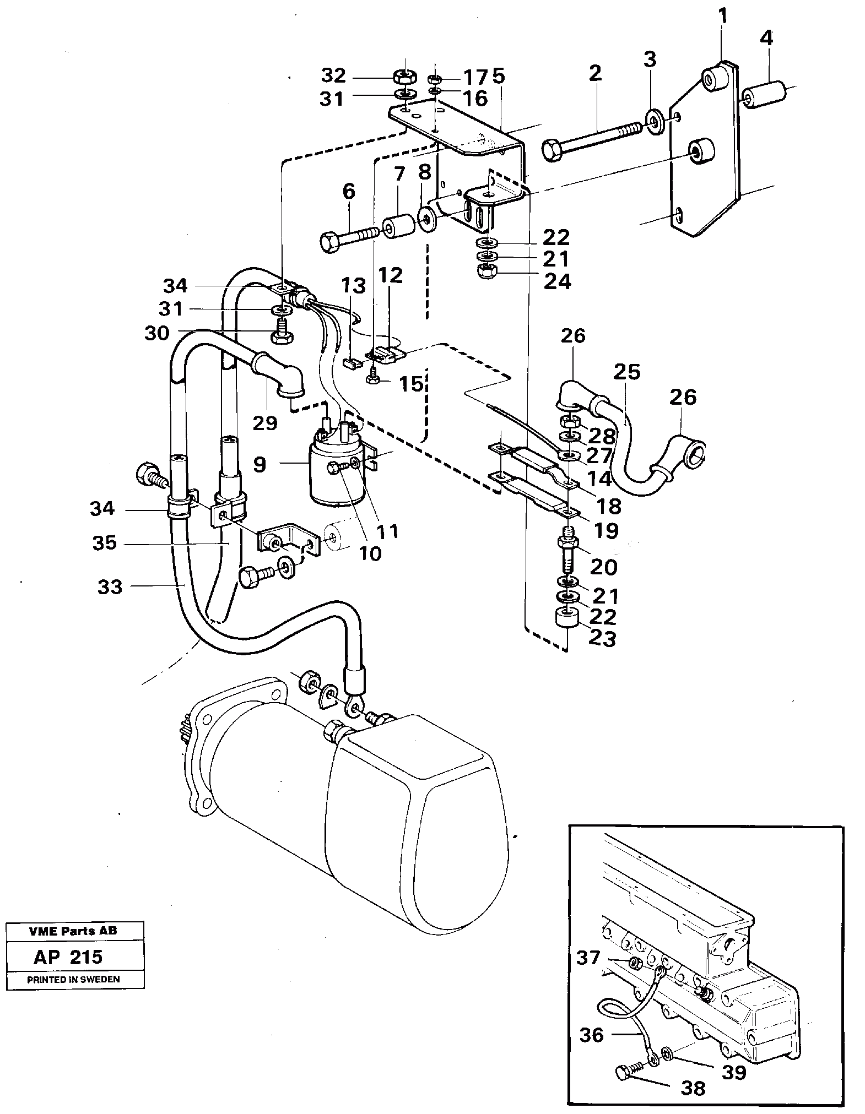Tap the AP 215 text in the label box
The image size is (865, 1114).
click(68, 957)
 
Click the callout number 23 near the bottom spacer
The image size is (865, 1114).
click(601, 639)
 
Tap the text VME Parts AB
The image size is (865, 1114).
click(73, 931)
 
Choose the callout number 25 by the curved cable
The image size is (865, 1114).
click(627, 373)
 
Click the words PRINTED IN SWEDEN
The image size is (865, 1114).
click(73, 979)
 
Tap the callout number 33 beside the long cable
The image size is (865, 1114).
click(110, 587)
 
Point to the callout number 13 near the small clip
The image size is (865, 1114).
click(353, 286)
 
